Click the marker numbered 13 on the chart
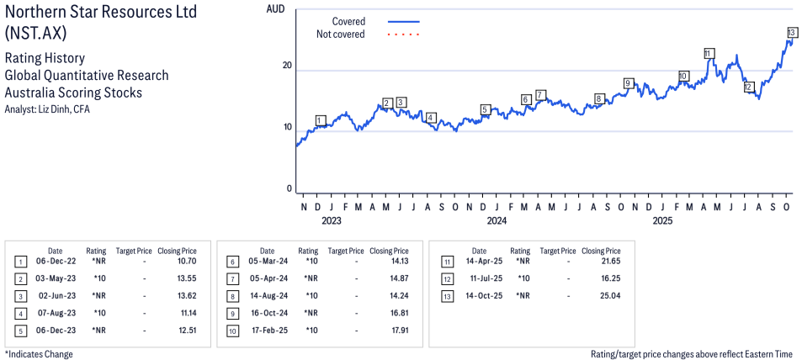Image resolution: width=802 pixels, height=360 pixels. coord(791,32)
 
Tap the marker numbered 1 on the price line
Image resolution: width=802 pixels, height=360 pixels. coord(320,120)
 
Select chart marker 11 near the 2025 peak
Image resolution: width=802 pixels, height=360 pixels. coord(709,53)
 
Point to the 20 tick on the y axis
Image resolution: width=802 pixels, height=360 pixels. coord(287,66)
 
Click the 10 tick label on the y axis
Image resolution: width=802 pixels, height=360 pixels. coord(287,128)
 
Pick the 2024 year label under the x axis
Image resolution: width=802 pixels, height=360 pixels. coord(496,221)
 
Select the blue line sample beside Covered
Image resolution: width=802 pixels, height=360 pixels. coord(404,21)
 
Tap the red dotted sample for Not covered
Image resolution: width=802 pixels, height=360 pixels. coord(404,34)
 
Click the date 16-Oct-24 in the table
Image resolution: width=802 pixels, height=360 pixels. coord(268,314)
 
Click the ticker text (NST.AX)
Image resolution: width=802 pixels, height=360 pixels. coord(35,34)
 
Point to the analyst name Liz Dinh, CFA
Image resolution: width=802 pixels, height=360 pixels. coord(59,109)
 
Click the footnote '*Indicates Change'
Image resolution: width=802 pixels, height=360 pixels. coord(39,354)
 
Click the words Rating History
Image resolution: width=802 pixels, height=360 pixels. coord(45,58)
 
